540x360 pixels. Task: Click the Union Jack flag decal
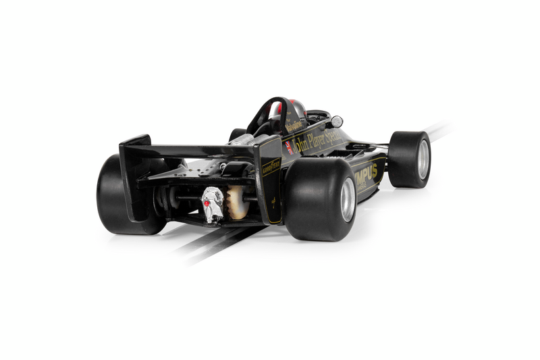pyautogui.click(x=290, y=148)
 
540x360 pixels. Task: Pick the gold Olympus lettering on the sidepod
pyautogui.click(x=367, y=174)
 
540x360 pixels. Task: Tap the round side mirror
pyautogui.click(x=335, y=122)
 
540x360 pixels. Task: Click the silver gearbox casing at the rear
pyautogui.click(x=213, y=203)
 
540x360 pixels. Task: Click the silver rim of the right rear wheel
pyautogui.click(x=348, y=199)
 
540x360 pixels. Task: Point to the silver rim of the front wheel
pyautogui.click(x=423, y=159)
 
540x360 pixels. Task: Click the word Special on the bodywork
pyautogui.click(x=334, y=135)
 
